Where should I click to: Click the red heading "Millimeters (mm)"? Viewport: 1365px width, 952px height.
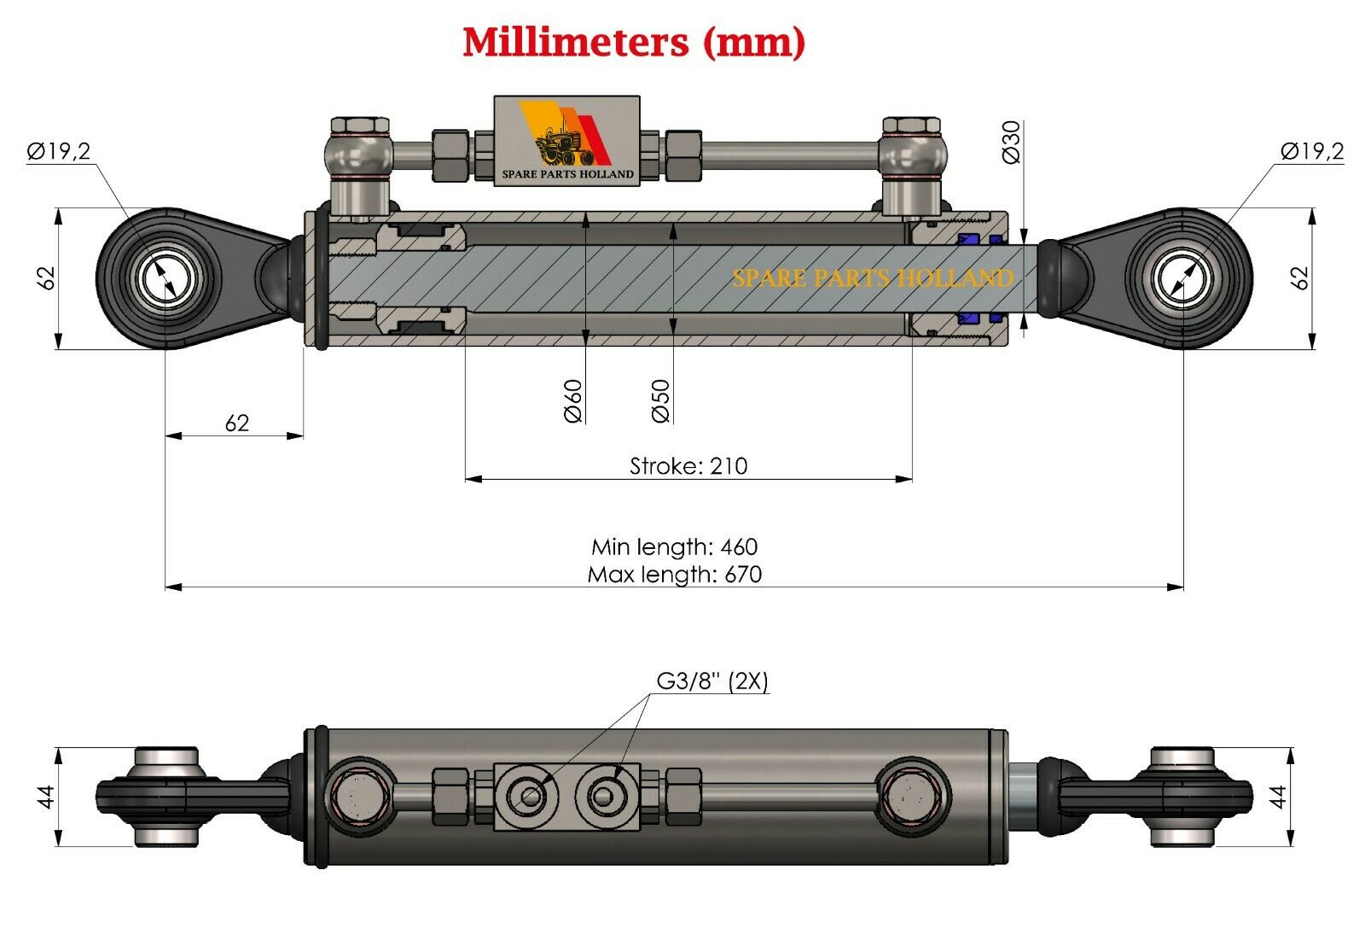[634, 43]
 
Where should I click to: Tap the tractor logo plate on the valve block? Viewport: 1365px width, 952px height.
[566, 141]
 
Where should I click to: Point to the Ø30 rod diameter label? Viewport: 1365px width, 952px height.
[1011, 142]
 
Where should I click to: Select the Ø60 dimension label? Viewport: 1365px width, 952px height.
[573, 400]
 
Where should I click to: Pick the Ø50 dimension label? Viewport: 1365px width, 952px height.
[660, 400]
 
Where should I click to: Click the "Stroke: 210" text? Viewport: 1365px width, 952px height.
[688, 466]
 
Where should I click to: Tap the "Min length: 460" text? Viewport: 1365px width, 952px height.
[675, 546]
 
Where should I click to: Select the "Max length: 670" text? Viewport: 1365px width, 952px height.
[675, 575]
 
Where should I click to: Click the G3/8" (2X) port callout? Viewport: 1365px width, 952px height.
[712, 680]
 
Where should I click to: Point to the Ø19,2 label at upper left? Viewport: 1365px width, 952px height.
[59, 150]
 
